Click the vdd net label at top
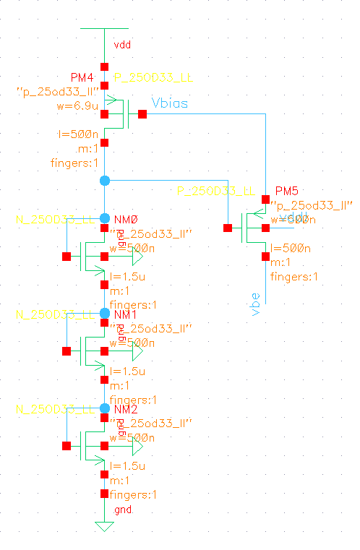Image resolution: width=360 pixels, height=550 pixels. tap(122, 46)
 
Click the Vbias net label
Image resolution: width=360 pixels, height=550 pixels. tap(170, 103)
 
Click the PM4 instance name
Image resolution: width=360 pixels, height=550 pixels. tap(82, 77)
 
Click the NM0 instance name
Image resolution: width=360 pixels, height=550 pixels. tap(126, 219)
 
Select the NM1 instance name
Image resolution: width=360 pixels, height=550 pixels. tap(126, 316)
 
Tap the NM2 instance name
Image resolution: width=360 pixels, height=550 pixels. tap(126, 410)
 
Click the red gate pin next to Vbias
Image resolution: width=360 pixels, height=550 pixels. tap(142, 113)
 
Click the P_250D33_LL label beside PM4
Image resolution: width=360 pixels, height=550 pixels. tap(154, 77)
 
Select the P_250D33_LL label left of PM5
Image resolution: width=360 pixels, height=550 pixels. tap(216, 191)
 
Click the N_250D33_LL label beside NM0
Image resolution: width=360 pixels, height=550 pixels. tap(55, 219)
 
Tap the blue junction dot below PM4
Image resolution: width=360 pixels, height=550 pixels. tap(104, 179)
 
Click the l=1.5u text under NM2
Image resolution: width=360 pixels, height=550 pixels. tap(127, 465)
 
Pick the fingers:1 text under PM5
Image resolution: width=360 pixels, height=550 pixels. tap(293, 277)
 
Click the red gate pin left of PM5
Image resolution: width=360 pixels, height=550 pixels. tap(228, 228)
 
